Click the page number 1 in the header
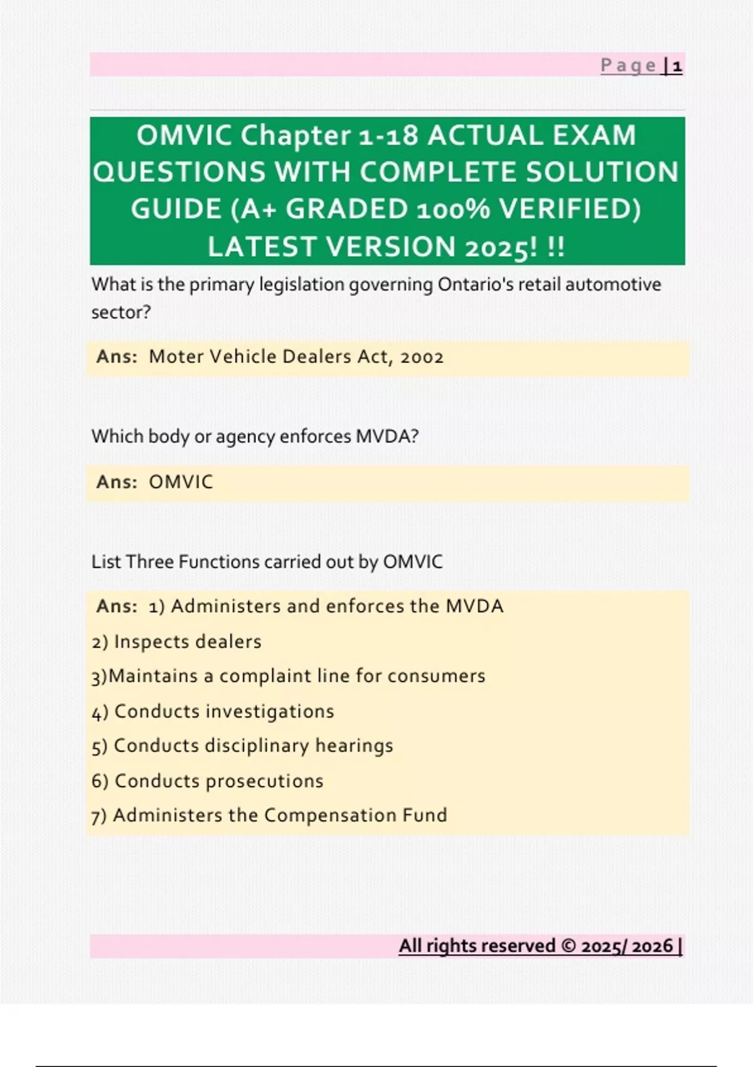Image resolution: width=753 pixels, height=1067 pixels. click(677, 66)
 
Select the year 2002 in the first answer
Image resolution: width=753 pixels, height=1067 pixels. click(422, 357)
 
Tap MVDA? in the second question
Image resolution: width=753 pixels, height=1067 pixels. click(387, 436)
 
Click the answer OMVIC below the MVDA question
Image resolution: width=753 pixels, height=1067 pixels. click(181, 482)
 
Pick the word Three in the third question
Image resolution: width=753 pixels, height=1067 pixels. click(150, 562)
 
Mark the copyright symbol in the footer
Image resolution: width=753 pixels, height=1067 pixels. click(568, 946)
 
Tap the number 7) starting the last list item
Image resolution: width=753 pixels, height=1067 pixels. click(99, 816)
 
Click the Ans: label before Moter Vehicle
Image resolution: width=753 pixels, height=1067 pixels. click(117, 357)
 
